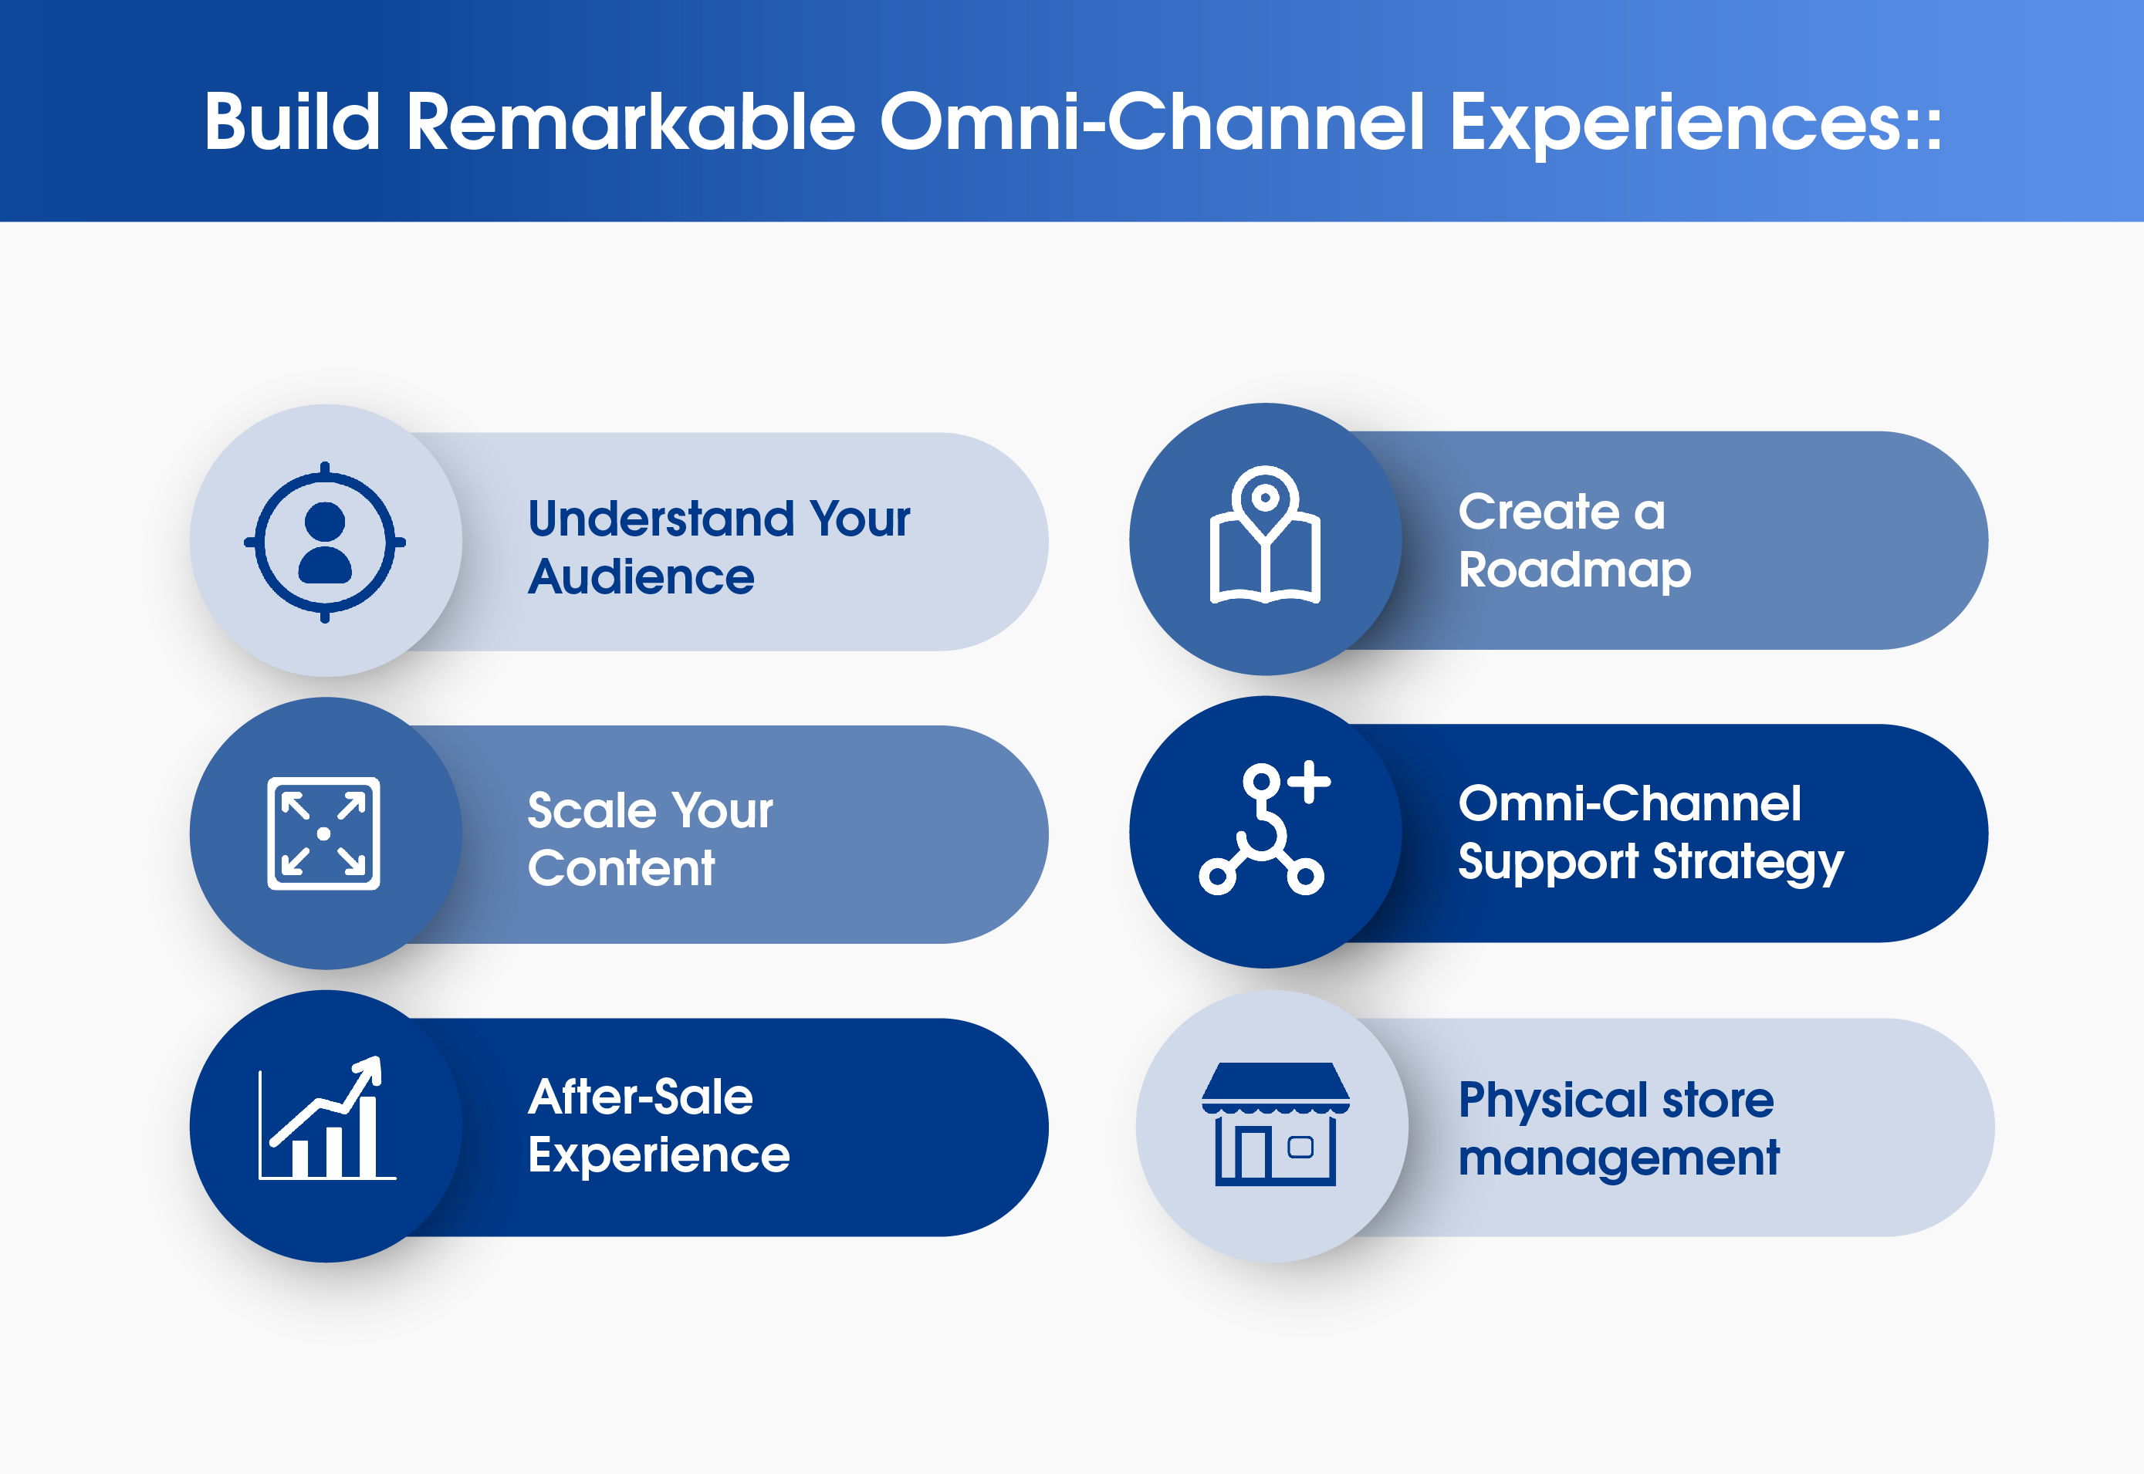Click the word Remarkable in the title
coord(631,122)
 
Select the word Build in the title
coord(292,121)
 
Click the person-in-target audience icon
coord(324,542)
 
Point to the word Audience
coord(641,577)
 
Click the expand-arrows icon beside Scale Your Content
coord(324,833)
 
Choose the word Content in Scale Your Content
coord(621,868)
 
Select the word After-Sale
coord(641,1097)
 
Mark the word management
coord(1618,1159)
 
